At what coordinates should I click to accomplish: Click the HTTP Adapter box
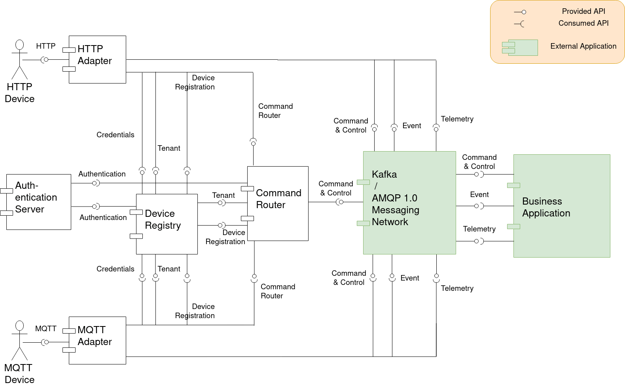point(98,59)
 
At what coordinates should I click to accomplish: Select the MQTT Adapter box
point(98,340)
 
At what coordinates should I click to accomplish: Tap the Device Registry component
point(167,224)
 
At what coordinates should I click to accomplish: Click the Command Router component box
point(278,203)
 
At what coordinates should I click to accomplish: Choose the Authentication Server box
point(39,202)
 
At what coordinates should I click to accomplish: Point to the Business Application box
point(562,206)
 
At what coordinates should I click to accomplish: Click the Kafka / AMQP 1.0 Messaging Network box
point(409,203)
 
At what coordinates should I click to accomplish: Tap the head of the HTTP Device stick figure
point(19,45)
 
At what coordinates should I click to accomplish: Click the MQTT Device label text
point(19,374)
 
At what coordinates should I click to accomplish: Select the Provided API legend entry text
point(583,11)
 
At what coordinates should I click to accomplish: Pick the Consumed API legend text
point(583,23)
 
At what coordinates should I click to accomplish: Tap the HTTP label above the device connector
point(46,46)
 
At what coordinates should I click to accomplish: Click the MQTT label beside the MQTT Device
point(46,329)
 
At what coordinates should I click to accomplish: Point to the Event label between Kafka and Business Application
point(479,195)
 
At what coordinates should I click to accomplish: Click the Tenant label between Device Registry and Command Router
point(223,195)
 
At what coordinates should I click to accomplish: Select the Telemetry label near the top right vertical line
point(457,119)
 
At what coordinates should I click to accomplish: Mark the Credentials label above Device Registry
point(115,135)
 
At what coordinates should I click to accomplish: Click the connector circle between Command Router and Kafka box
point(341,202)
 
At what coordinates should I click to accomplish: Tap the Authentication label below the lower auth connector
point(103,218)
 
